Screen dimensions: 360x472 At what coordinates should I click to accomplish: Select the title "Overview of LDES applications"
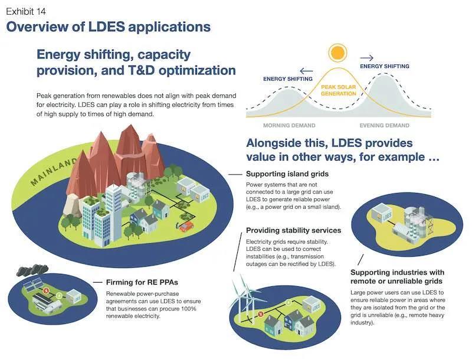click(x=108, y=27)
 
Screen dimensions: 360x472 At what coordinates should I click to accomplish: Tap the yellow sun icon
click(x=337, y=53)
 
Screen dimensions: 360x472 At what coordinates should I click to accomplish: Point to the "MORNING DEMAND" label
click(x=289, y=125)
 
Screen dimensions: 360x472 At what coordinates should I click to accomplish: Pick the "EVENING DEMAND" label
click(x=385, y=125)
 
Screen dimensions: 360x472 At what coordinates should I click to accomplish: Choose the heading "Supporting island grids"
click(x=287, y=174)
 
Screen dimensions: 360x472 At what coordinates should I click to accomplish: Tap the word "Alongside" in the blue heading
click(x=277, y=143)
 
